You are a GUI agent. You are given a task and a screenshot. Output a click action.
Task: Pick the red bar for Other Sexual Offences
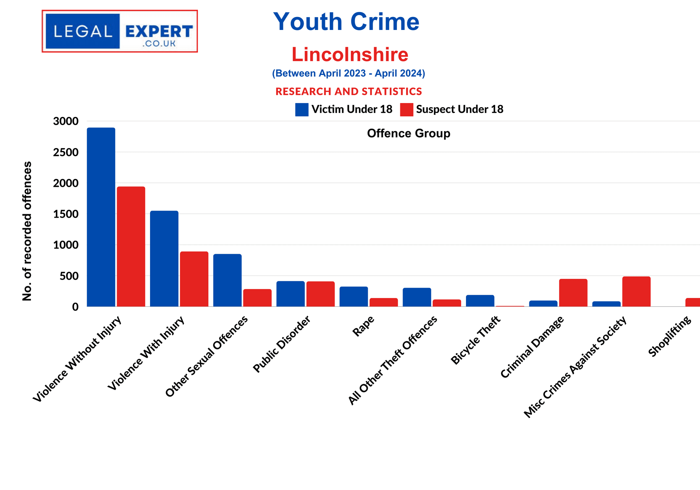click(x=257, y=298)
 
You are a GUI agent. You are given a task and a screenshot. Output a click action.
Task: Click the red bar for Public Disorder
click(x=320, y=294)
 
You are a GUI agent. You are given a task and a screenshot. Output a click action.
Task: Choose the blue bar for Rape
click(x=354, y=296)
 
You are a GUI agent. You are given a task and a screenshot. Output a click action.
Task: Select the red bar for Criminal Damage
click(x=573, y=292)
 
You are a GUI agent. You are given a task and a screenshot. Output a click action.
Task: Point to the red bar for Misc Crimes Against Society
click(x=636, y=291)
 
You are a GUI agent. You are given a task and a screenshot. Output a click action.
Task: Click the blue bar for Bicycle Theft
click(x=480, y=300)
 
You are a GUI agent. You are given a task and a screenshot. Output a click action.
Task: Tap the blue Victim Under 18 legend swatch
click(x=302, y=110)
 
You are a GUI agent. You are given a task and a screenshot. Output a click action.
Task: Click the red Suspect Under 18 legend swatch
click(x=406, y=110)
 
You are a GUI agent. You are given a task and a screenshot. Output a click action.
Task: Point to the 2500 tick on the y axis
click(x=66, y=152)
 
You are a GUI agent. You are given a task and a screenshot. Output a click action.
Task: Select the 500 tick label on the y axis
click(x=69, y=276)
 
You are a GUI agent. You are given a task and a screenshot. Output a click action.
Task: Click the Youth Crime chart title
click(x=346, y=22)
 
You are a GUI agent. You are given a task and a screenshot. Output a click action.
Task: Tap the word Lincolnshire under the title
click(x=350, y=54)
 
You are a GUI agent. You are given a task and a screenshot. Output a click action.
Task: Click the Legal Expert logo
click(x=120, y=31)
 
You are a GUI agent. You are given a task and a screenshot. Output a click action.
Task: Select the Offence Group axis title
click(x=409, y=133)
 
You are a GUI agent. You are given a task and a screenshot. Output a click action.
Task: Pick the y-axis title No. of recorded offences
click(x=27, y=231)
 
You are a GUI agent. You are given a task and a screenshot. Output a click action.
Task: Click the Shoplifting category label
click(x=670, y=336)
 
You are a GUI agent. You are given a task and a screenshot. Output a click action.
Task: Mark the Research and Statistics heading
click(x=349, y=91)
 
